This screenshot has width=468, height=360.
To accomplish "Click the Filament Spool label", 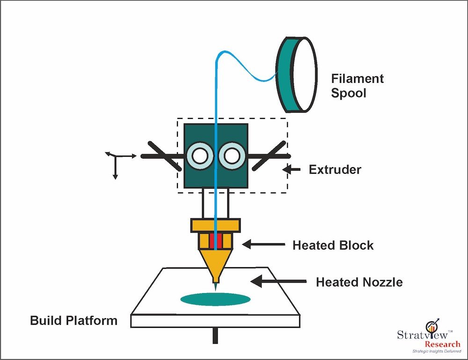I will [x=357, y=85].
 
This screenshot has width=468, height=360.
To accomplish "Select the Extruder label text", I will [x=335, y=169].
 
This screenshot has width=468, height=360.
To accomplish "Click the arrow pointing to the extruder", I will [x=293, y=170].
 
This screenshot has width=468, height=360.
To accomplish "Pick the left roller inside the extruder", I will [x=200, y=156].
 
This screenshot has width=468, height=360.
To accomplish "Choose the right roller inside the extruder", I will [x=232, y=156].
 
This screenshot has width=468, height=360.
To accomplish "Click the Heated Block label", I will [x=333, y=245].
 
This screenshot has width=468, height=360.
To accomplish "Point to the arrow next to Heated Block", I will [x=263, y=244].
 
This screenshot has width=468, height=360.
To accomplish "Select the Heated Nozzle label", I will [x=359, y=282].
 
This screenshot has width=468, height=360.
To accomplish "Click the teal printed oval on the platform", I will [x=215, y=299].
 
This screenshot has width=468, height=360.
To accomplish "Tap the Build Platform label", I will [x=73, y=321].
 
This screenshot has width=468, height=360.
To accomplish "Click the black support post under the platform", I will [x=215, y=335].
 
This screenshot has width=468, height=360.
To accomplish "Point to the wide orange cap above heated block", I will [x=216, y=225].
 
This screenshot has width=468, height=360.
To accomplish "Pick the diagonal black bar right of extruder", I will [x=269, y=155].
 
